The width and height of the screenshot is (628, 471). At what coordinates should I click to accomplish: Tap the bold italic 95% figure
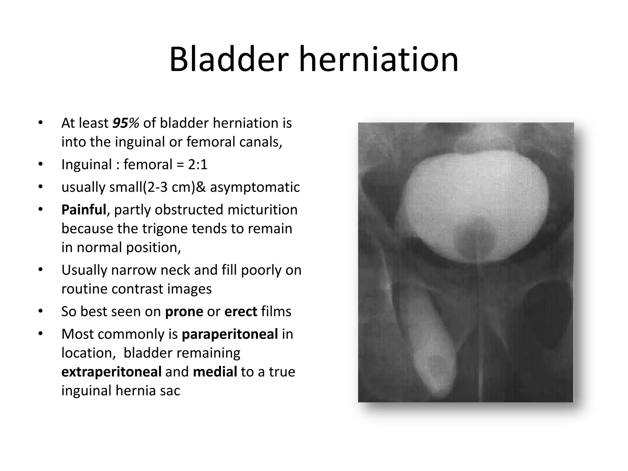(126, 123)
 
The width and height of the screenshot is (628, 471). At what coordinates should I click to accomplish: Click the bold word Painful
(83, 210)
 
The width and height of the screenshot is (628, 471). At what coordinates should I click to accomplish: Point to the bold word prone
(184, 312)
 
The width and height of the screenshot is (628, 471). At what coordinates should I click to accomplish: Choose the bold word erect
(241, 312)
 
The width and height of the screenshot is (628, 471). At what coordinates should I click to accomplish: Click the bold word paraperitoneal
(230, 334)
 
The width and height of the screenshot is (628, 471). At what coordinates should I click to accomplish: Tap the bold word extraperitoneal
(111, 372)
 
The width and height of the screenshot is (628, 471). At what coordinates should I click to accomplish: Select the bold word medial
(215, 372)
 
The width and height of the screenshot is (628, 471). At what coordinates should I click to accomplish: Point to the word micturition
(262, 210)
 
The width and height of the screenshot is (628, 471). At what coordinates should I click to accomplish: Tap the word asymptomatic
(255, 187)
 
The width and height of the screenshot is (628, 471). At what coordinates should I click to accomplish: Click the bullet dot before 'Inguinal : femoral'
(40, 164)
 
